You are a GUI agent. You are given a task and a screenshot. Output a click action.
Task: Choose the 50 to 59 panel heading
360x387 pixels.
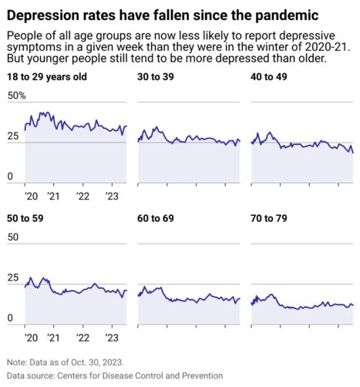pos(25,219)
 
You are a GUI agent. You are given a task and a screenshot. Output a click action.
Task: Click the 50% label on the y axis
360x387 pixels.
pos(16,96)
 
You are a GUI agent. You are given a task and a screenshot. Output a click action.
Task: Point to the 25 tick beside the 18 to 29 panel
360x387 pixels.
pos(12,136)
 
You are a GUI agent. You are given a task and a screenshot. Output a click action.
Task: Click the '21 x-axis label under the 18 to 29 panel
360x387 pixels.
pos(54,196)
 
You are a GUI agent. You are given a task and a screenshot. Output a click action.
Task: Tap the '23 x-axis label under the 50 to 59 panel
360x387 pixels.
pos(109,338)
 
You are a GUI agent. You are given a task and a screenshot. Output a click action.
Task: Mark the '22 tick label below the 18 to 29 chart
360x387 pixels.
pos(82,196)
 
